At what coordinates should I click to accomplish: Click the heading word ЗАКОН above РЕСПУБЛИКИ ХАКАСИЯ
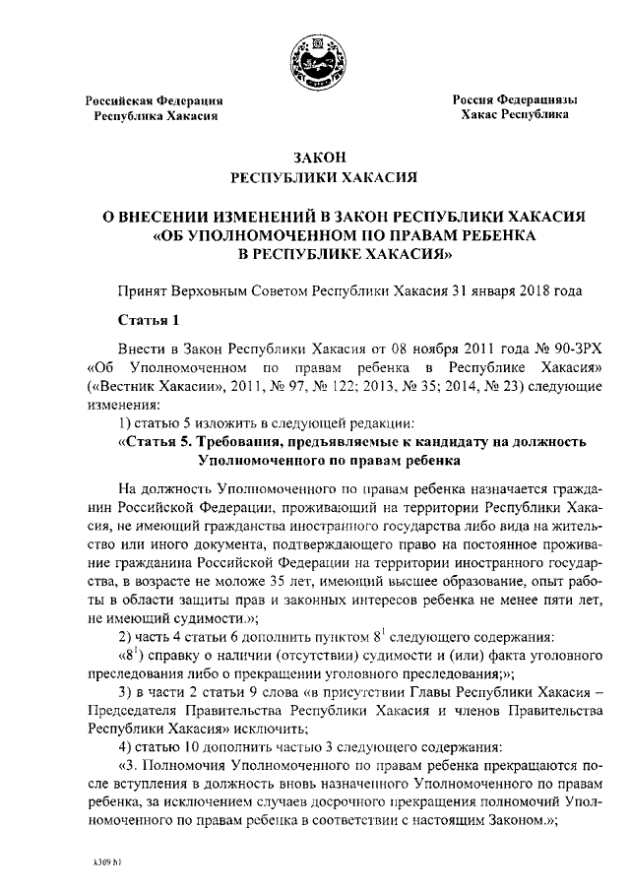tap(315, 158)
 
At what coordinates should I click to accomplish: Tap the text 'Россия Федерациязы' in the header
tap(514, 100)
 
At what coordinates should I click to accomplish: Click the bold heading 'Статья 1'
tap(149, 320)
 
